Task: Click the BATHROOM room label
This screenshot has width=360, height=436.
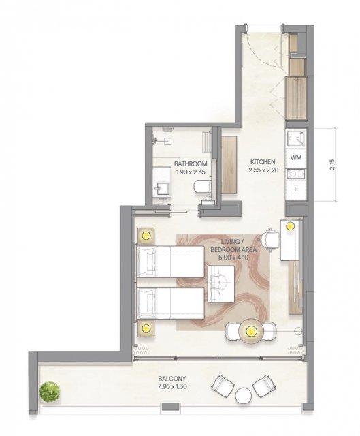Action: [191, 164]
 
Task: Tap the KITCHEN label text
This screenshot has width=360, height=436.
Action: [263, 162]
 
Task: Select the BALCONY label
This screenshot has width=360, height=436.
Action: [172, 379]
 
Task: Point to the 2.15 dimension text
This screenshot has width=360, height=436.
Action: [332, 164]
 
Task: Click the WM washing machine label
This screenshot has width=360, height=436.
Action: [296, 158]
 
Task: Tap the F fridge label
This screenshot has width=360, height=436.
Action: [296, 189]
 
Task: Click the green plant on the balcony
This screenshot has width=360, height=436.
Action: [50, 392]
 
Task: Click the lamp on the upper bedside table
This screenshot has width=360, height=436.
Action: [146, 236]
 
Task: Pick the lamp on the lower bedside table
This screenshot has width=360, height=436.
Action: [146, 328]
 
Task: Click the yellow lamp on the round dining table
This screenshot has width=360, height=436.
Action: [251, 331]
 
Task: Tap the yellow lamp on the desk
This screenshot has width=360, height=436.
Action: [291, 226]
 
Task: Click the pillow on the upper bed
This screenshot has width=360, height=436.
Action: [148, 262]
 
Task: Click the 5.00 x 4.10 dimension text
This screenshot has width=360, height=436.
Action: [233, 258]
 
